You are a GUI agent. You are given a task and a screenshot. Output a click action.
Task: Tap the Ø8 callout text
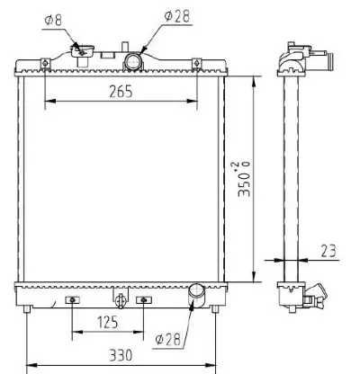[54, 16]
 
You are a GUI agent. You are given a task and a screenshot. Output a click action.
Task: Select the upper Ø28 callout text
[177, 16]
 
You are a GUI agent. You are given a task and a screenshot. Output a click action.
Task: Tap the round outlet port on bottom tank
[197, 292]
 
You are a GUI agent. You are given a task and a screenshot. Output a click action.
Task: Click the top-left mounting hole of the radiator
[44, 62]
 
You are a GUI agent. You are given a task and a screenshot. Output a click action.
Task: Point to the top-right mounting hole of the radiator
[196, 62]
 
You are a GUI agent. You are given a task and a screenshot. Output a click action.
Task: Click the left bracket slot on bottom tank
[73, 299]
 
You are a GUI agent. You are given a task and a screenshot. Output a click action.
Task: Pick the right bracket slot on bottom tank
[141, 299]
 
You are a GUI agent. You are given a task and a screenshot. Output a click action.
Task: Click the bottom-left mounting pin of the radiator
[29, 309]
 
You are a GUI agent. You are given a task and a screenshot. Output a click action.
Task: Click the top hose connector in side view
[319, 62]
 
